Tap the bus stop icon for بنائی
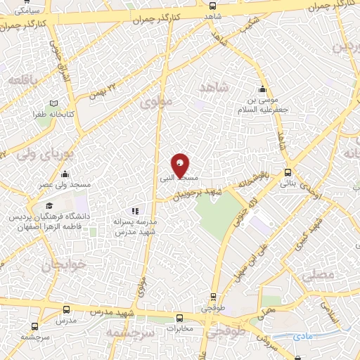click(288, 172)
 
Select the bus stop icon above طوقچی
click(212, 297)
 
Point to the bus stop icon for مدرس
click(66, 309)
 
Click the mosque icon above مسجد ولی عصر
click(65, 174)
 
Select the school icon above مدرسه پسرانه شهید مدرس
click(136, 210)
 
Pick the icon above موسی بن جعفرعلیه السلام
click(262, 89)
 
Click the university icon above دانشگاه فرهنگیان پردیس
click(49, 205)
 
